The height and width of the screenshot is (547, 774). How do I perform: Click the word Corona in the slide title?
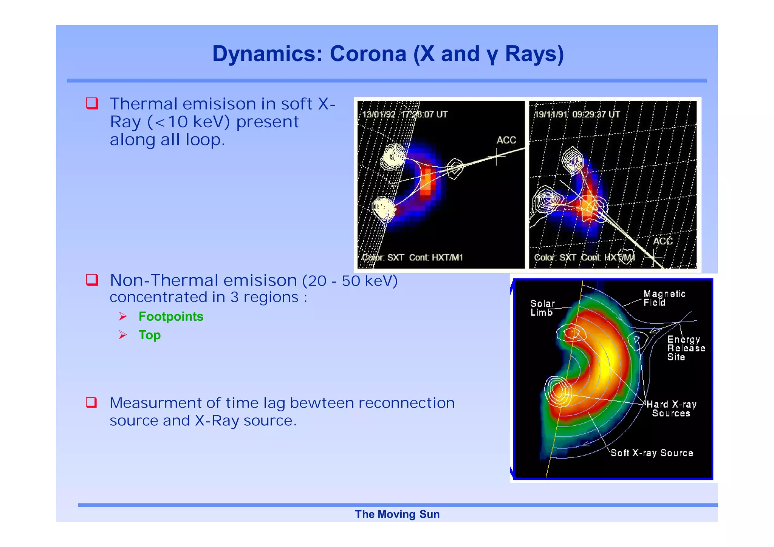pos(368,54)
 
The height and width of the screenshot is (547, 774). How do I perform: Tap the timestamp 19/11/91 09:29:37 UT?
pos(577,114)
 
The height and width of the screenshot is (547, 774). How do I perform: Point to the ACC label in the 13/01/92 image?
pos(506,140)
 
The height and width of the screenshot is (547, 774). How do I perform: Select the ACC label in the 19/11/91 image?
pos(663,241)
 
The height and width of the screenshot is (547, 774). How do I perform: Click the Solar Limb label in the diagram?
pos(542,308)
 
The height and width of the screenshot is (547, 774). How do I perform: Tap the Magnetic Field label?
pos(664,298)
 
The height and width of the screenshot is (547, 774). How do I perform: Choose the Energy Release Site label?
pos(686,348)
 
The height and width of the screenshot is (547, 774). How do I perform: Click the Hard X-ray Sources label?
pos(671,409)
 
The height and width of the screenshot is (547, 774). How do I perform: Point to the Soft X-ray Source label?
pos(652,453)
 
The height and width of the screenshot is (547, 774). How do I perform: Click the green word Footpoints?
pos(171,317)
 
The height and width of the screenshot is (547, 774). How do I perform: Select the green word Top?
pos(150,335)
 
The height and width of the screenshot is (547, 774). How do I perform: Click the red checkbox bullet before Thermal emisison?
pos(92,104)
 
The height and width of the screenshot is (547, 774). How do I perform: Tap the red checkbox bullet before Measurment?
pos(92,403)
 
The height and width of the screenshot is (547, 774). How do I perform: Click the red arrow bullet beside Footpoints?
pos(123,317)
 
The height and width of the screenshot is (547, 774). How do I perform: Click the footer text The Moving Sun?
pos(397,514)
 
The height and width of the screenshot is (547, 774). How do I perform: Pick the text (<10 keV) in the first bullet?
pos(189,122)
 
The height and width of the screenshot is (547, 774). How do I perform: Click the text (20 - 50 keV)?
pos(350,281)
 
